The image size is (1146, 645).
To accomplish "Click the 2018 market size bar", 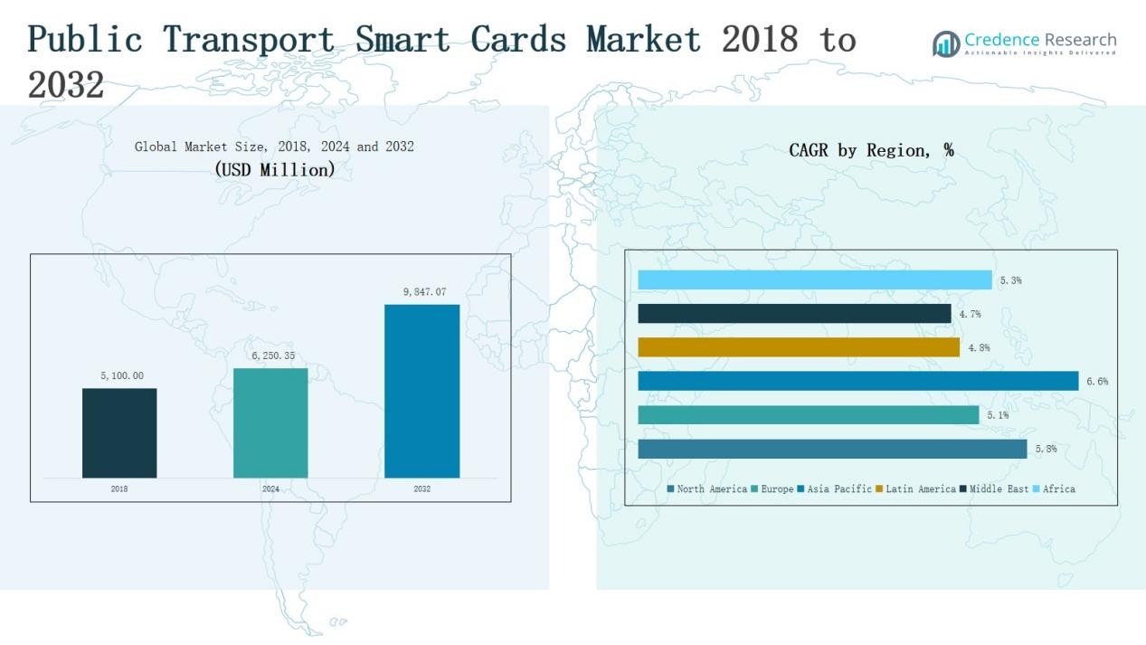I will (x=119, y=432).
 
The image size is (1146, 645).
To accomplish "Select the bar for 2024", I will (x=270, y=422).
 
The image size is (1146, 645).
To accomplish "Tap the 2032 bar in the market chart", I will (x=421, y=391).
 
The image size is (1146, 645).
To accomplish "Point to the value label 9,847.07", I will (x=424, y=292).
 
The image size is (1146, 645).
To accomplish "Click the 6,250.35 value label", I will (x=273, y=356).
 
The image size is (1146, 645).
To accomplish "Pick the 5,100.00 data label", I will (x=122, y=375).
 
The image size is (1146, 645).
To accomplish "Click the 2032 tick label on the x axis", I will (x=422, y=489).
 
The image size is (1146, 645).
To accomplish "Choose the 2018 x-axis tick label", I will (x=119, y=489).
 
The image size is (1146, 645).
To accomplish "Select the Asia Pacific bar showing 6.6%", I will (x=857, y=381).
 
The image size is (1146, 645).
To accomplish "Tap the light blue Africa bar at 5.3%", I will (x=814, y=280).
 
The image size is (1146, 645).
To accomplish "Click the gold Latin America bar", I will (x=799, y=347).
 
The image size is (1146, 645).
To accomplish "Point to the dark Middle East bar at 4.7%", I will (x=794, y=313).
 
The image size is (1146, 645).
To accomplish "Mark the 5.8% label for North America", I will (x=1046, y=449).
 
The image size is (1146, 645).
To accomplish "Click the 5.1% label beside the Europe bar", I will (x=998, y=415).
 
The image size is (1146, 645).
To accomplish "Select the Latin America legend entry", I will (x=915, y=489).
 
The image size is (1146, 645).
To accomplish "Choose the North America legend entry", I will (x=707, y=489).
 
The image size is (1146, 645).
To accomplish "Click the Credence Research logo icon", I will (x=946, y=43).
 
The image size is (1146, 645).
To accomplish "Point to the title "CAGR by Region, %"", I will (x=871, y=150).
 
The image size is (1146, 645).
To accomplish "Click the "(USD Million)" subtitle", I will (x=274, y=169).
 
